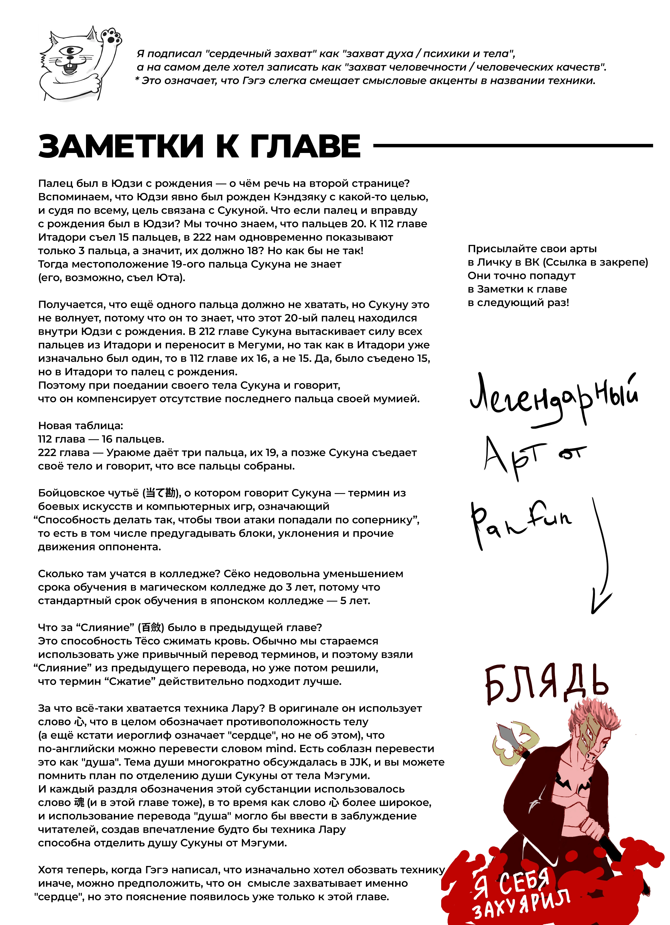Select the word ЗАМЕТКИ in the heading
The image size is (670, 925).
(121, 146)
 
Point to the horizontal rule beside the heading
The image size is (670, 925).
(512, 145)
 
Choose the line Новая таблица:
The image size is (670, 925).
(80, 426)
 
